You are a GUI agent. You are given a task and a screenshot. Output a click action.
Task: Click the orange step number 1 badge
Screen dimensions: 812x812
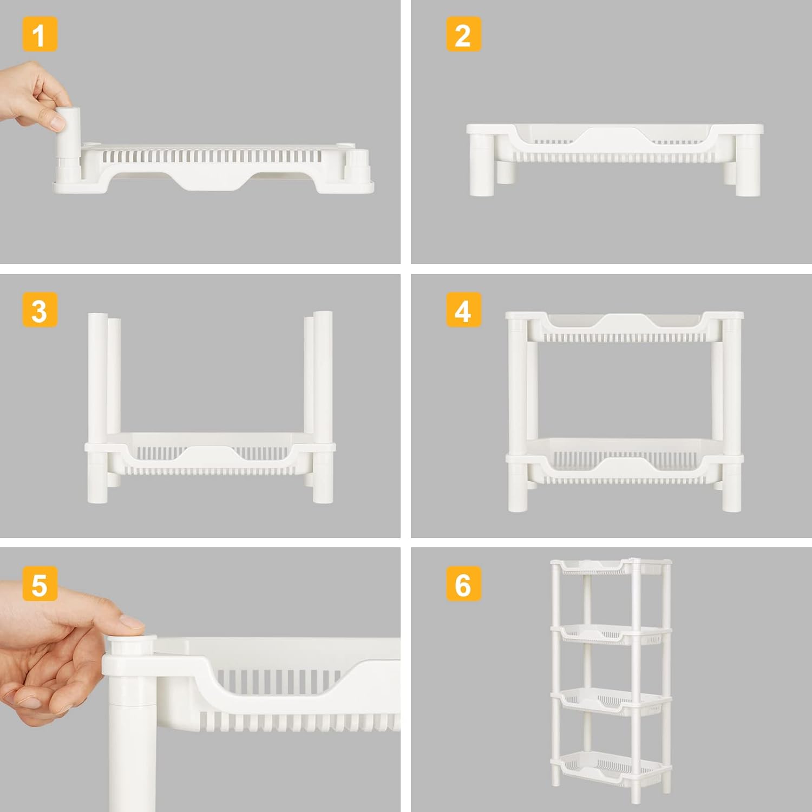[40, 35]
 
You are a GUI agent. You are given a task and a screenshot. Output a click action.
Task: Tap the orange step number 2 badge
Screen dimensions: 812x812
[463, 35]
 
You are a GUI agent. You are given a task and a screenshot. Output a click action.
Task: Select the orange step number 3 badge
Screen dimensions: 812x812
[40, 310]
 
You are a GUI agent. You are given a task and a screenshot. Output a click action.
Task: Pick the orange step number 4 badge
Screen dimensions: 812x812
[463, 310]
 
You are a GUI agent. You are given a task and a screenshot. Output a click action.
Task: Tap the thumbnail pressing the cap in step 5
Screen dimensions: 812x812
[132, 622]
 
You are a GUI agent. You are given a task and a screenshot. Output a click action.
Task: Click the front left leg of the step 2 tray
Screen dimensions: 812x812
[481, 165]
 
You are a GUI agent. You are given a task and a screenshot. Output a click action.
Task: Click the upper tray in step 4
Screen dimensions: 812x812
[624, 329]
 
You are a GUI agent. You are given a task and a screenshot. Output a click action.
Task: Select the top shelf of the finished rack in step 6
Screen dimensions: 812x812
[611, 567]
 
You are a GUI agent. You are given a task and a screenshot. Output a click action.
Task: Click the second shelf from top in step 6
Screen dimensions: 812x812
[611, 634]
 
